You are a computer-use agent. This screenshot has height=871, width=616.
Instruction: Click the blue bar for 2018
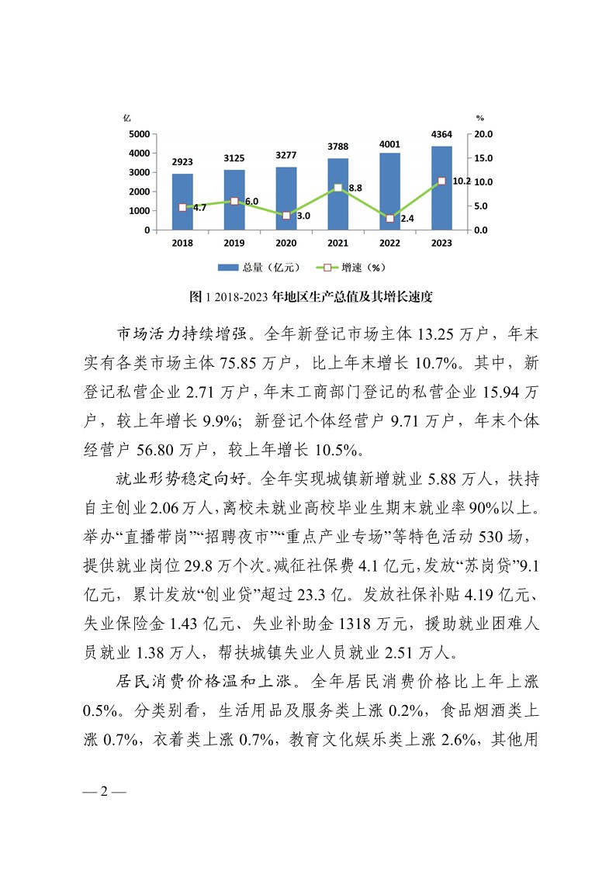[182, 202]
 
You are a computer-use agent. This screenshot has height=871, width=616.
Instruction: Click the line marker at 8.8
[338, 188]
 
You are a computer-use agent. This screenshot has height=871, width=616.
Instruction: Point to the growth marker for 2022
[389, 219]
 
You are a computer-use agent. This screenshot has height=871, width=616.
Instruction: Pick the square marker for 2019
[234, 202]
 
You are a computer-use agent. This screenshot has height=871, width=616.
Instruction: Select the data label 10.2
[461, 181]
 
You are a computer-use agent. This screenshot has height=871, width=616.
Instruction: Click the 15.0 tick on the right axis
[483, 158]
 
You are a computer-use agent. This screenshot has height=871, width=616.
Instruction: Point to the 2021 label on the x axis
[338, 244]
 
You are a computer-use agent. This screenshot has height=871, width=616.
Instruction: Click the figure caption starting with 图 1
[310, 296]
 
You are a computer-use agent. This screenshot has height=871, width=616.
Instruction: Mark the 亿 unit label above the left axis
[126, 118]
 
